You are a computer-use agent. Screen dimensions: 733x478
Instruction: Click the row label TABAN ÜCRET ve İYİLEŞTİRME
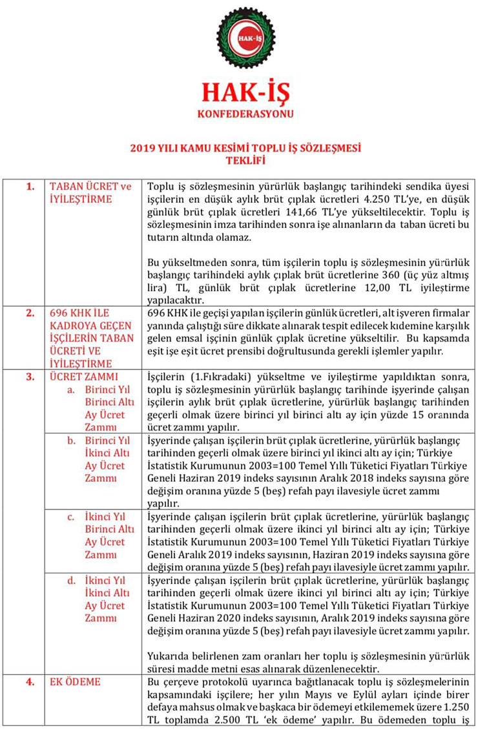90,192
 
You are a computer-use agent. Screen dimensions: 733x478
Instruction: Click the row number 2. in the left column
30,313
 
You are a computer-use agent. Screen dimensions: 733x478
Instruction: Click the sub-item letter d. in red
72,580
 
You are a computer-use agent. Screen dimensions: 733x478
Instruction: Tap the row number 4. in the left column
30,681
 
